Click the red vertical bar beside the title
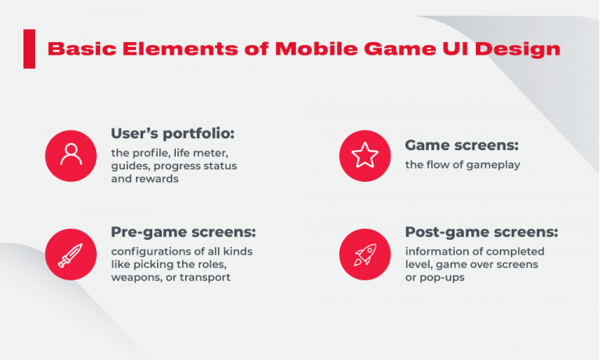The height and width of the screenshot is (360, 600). coord(29,48)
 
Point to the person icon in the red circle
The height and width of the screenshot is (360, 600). coord(71,155)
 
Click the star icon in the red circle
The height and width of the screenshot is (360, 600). coord(365,155)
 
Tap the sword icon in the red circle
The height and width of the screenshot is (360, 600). coord(71,255)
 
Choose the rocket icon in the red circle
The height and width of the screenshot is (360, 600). coord(365,255)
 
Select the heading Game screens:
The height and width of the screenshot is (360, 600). coord(462,145)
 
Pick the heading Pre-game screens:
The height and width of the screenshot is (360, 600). coord(184,232)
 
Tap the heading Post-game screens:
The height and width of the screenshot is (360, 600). coord(481,232)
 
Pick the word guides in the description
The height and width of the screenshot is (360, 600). coord(129,166)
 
